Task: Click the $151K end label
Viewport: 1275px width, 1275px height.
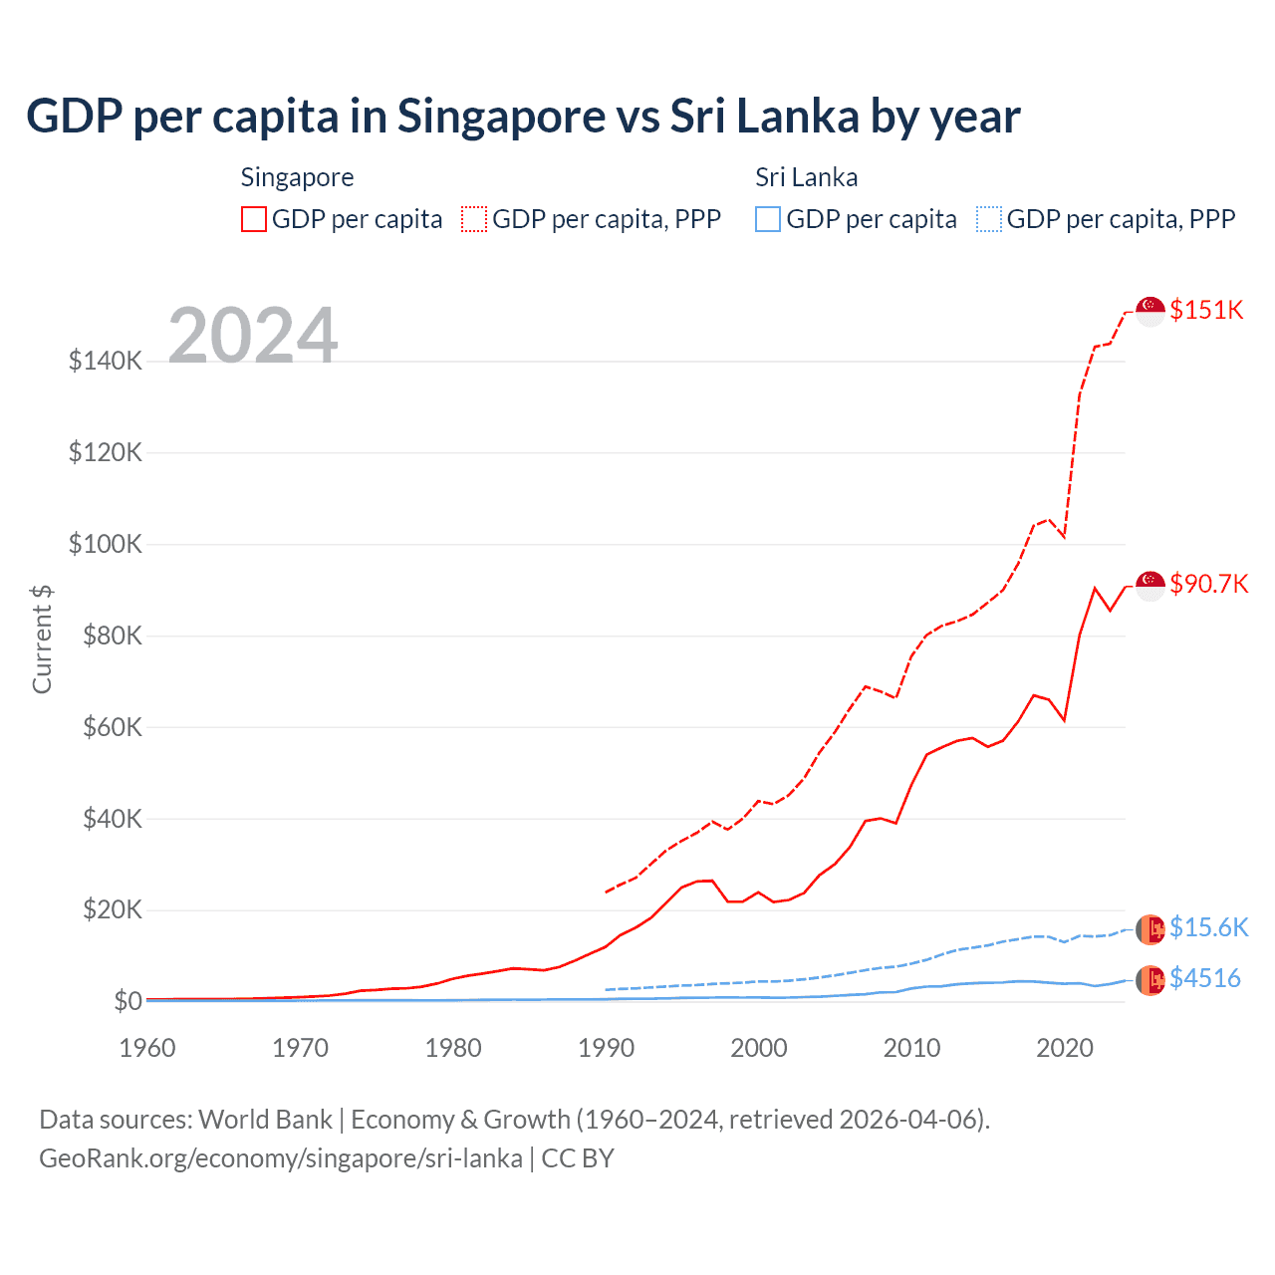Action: click(1206, 310)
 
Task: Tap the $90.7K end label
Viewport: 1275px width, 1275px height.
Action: click(1208, 584)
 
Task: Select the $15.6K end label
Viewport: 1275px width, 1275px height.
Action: click(1208, 927)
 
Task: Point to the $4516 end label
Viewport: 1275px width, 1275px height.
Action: click(1204, 978)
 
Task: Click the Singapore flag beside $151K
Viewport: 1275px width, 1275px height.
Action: click(1150, 311)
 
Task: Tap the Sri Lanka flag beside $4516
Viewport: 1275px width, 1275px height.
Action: click(1150, 980)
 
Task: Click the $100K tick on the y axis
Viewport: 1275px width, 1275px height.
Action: click(106, 544)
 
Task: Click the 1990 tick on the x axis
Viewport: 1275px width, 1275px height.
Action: click(607, 1048)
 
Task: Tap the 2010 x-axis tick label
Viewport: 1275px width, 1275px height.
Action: click(912, 1048)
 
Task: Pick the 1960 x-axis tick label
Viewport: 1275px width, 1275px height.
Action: click(147, 1048)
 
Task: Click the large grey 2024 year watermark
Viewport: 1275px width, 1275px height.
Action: click(253, 336)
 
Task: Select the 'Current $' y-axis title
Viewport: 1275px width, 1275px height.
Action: click(42, 639)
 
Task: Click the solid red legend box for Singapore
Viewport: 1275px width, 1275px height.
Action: click(254, 219)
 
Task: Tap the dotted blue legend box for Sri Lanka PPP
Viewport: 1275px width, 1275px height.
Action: click(989, 219)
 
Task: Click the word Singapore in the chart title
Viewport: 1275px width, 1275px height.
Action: click(501, 116)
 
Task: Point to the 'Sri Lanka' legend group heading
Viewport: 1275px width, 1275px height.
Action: click(806, 177)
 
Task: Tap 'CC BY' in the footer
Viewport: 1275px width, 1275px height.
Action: click(578, 1158)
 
